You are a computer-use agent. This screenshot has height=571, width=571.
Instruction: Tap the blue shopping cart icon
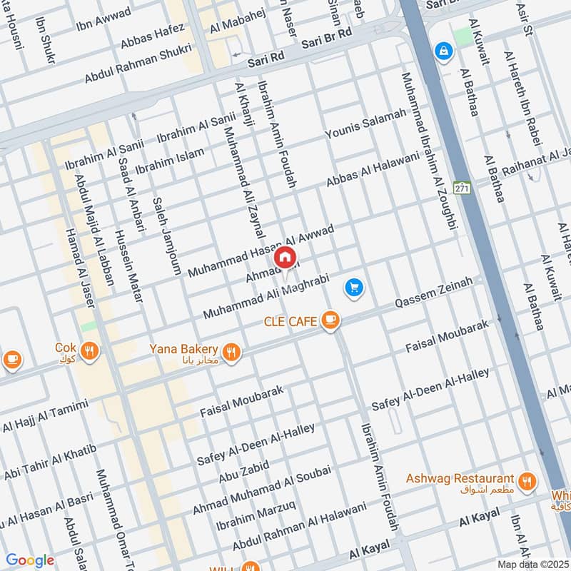[354, 288]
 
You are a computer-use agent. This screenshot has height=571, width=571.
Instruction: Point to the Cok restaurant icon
[89, 350]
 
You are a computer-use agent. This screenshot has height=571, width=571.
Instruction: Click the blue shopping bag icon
[444, 51]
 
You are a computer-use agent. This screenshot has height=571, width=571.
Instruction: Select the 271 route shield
[463, 187]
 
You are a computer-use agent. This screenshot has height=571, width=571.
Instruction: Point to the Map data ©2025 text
[532, 564]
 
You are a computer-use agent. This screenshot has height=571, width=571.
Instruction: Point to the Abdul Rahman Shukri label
[138, 64]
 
